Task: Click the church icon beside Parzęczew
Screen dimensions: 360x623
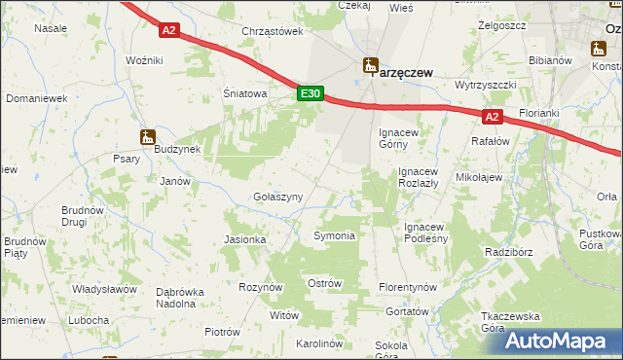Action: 369,66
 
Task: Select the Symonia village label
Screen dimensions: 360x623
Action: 334,235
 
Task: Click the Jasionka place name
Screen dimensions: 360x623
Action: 244,239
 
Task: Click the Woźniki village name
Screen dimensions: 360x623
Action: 144,60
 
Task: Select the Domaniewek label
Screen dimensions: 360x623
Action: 36,98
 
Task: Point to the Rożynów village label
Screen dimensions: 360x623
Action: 261,287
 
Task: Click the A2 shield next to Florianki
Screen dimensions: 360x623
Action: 492,118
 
